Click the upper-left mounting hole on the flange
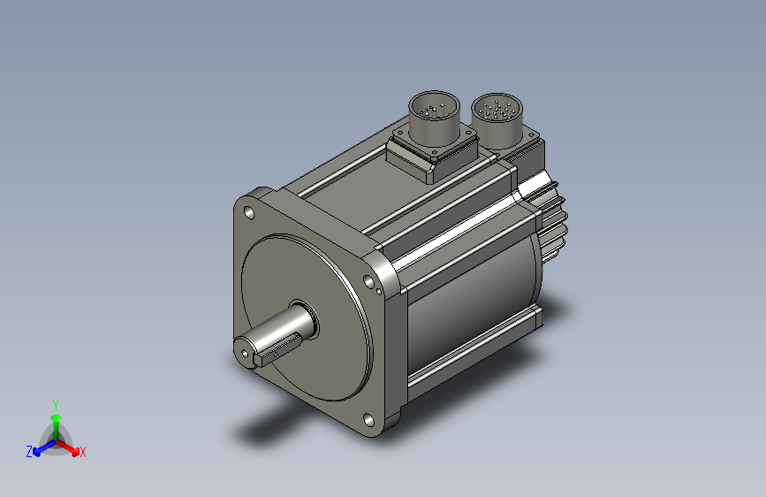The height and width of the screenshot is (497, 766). coord(249,213)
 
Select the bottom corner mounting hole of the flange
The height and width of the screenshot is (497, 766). coord(368,420)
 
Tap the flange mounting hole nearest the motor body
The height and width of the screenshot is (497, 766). coord(368,281)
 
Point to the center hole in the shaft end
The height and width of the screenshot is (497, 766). coord(244,353)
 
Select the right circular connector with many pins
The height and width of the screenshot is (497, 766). coord(497,121)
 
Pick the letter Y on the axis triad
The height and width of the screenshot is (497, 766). coord(56,404)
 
